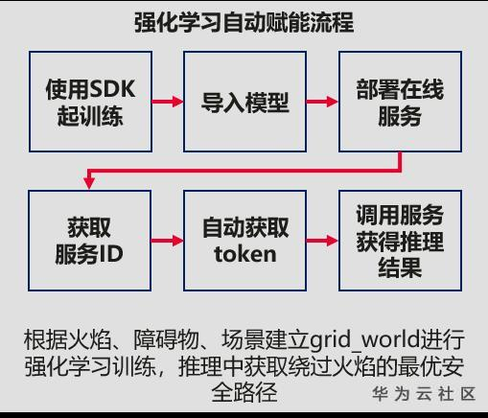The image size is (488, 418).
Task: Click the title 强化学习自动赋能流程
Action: [x=244, y=22]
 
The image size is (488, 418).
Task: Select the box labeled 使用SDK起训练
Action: [x=90, y=102]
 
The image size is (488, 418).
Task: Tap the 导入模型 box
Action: [x=244, y=102]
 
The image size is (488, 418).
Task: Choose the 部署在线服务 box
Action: [x=400, y=102]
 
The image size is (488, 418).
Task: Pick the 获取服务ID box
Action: [x=89, y=241]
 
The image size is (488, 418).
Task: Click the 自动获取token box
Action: [x=244, y=241]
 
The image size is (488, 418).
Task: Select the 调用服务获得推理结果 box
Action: [x=400, y=241]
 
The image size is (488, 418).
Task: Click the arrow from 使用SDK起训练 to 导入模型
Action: [x=168, y=102]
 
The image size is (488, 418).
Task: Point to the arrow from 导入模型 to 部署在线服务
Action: [x=322, y=102]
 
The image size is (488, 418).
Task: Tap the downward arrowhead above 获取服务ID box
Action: [x=89, y=182]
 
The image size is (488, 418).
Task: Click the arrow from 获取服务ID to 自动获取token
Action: [x=168, y=241]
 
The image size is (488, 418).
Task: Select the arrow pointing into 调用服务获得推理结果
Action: [x=322, y=241]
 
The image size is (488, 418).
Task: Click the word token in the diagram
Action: [x=245, y=254]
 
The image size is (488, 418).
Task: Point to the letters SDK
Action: [x=112, y=89]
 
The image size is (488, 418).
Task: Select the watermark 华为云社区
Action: [x=424, y=394]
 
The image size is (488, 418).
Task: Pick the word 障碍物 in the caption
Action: [x=166, y=339]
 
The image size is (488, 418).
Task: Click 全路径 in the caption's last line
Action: [x=244, y=392]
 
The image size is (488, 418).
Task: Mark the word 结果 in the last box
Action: [x=400, y=267]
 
